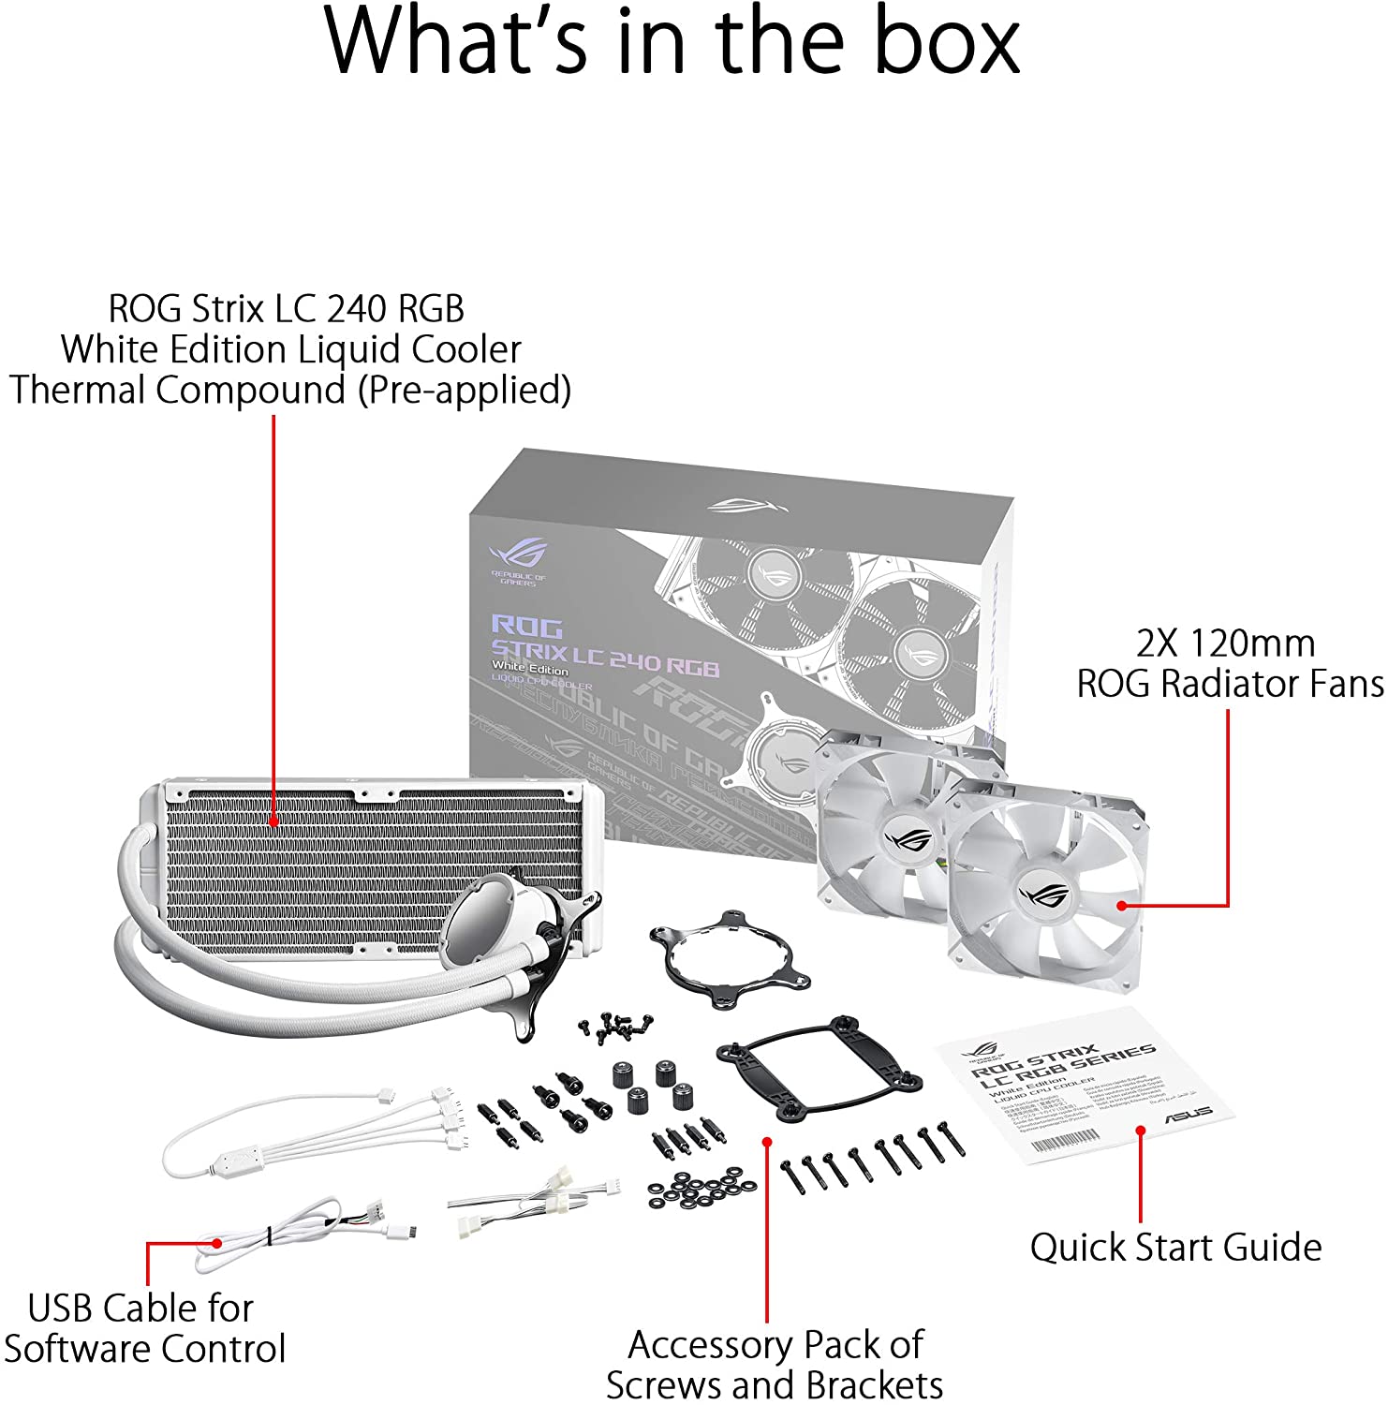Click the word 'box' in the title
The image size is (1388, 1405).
946,41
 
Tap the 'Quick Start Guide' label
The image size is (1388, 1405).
1175,1248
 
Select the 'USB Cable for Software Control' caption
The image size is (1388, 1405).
143,1328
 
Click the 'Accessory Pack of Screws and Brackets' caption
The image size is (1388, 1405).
775,1364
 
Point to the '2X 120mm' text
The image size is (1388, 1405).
1225,643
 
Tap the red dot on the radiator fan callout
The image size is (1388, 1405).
1121,906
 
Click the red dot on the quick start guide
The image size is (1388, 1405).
1141,1131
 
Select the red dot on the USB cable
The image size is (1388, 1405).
217,1244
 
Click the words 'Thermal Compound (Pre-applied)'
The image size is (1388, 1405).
290,390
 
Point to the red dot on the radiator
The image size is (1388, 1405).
273,821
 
